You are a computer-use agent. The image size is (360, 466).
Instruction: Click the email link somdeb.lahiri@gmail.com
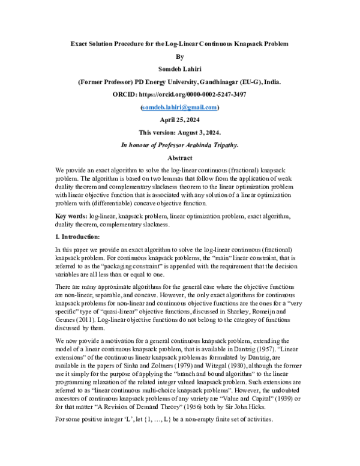(x=180, y=107)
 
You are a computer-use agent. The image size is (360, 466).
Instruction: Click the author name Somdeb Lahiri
(x=180, y=69)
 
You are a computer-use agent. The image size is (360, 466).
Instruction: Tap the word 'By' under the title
(x=180, y=56)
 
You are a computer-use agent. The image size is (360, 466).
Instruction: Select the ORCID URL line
(x=180, y=94)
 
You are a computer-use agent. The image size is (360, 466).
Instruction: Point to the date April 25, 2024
(x=180, y=120)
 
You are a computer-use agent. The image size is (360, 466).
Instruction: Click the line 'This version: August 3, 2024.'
(x=180, y=132)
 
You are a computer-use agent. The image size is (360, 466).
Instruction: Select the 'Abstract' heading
(x=180, y=157)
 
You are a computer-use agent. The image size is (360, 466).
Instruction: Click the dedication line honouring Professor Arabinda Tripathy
(x=180, y=145)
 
